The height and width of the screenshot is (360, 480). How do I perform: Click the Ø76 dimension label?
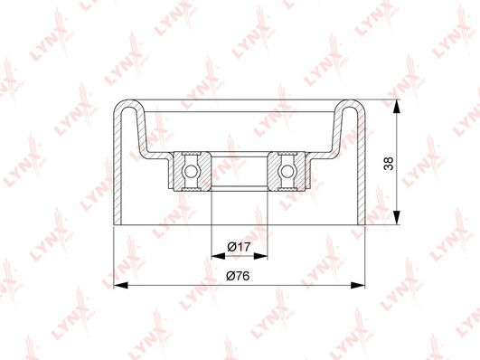[x=238, y=276]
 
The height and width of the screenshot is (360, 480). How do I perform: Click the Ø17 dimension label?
[x=239, y=247]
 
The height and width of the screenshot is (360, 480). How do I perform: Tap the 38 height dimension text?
[x=389, y=163]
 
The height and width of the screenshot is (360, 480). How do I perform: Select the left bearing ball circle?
[x=190, y=171]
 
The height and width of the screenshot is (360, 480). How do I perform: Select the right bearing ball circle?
[x=287, y=171]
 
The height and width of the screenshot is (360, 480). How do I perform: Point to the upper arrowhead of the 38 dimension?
[x=397, y=107]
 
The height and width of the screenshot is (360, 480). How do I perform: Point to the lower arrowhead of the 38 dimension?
[x=397, y=218]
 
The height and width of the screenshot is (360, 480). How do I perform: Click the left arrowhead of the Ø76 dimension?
[x=120, y=285]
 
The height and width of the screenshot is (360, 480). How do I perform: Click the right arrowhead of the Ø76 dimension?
[x=358, y=285]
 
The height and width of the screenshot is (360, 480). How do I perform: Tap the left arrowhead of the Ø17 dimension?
[x=218, y=256]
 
